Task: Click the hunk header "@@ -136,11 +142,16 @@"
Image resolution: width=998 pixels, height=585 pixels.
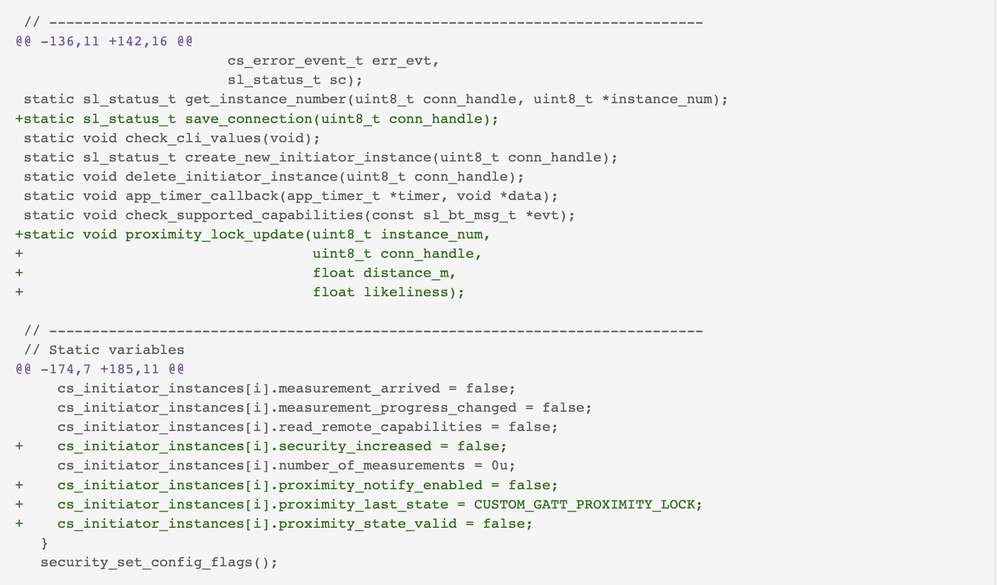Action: [x=104, y=42]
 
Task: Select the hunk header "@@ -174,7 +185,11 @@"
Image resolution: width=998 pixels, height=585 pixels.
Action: [x=100, y=369]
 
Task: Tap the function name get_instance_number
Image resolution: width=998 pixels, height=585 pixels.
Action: [x=266, y=99]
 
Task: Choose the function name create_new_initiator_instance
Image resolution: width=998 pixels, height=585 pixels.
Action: [x=309, y=158]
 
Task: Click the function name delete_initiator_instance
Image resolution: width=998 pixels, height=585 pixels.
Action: [x=232, y=177]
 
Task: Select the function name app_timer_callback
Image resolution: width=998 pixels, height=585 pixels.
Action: [x=202, y=196]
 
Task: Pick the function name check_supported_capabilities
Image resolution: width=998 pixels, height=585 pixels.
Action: [x=244, y=215]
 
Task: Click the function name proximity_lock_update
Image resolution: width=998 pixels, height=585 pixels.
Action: [x=214, y=235]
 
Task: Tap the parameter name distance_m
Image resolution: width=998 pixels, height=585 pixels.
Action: [x=406, y=273]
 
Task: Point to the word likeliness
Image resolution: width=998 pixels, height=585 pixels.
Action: [x=406, y=292]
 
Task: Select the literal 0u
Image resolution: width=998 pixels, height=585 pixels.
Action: [x=500, y=466]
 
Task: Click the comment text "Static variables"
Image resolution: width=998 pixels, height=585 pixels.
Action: [x=117, y=350]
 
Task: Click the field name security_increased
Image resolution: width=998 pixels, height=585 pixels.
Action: [x=355, y=447]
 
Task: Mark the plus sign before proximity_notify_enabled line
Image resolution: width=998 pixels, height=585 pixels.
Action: [x=19, y=485]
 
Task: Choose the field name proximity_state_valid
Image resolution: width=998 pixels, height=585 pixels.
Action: [x=368, y=524]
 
